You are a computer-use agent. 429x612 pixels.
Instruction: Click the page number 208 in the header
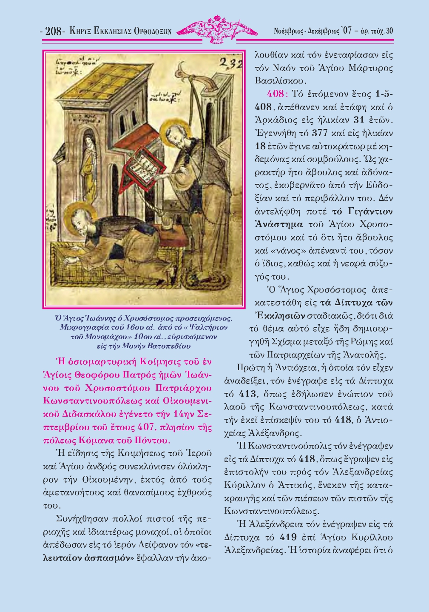click(x=53, y=31)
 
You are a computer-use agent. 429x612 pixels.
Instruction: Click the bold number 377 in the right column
click(x=320, y=132)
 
